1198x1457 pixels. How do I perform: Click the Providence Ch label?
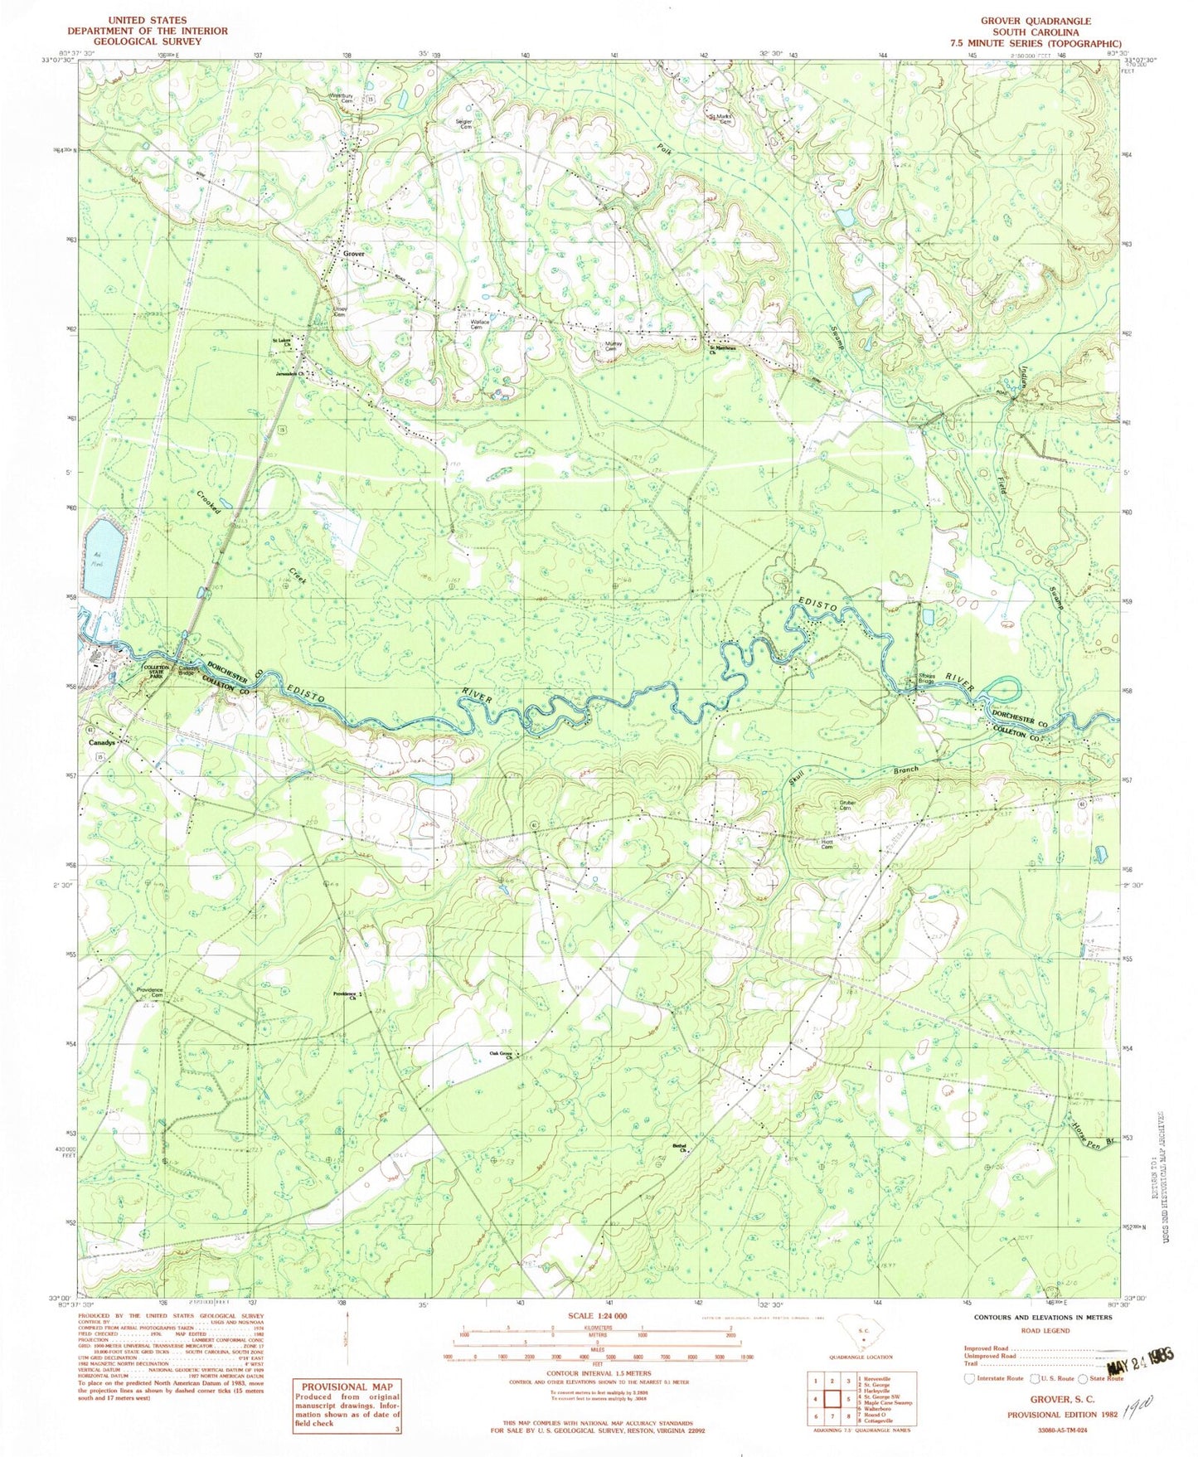344,996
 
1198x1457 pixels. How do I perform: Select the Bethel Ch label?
681,1149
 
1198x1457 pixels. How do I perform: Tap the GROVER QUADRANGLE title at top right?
1036,21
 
